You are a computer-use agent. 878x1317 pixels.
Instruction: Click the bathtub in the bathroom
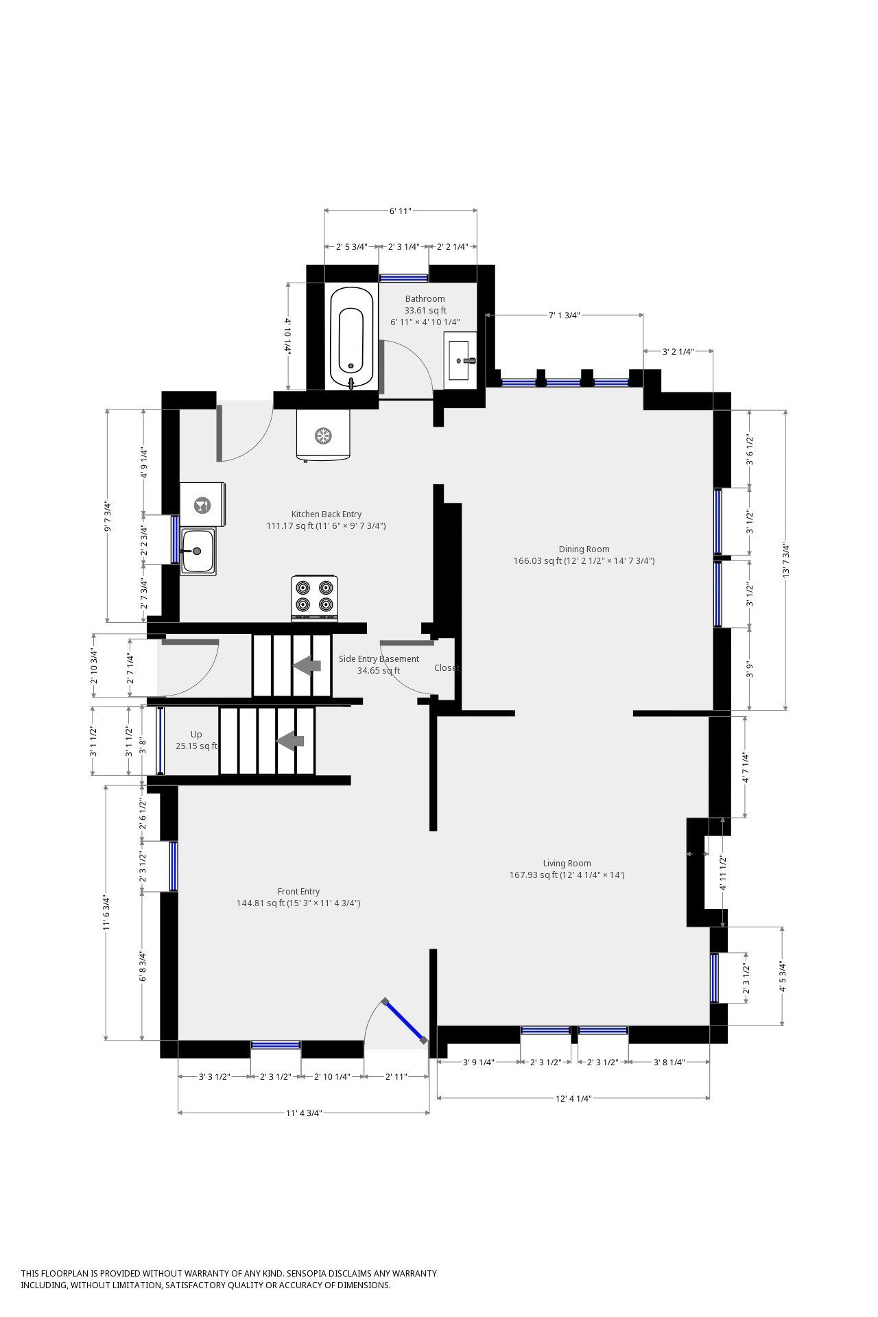(x=353, y=339)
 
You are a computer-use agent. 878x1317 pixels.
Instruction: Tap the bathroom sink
(x=460, y=360)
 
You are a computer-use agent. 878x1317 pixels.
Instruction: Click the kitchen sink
(x=198, y=551)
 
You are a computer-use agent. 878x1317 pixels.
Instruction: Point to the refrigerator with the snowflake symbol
(x=323, y=436)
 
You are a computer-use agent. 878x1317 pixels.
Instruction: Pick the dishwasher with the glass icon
(x=203, y=505)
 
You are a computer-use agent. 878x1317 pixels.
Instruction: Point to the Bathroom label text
(x=425, y=299)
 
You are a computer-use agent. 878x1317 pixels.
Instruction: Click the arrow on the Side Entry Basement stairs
(x=307, y=665)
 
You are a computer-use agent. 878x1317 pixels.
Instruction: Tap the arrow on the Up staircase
(x=290, y=741)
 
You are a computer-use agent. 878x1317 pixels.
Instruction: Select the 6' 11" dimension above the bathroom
(x=401, y=211)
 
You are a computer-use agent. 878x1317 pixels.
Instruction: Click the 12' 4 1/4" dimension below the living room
(x=573, y=1098)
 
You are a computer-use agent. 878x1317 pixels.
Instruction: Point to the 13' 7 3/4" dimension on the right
(x=786, y=560)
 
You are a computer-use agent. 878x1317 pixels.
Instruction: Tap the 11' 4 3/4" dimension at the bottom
(x=304, y=1113)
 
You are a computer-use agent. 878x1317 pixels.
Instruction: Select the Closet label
(x=447, y=668)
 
